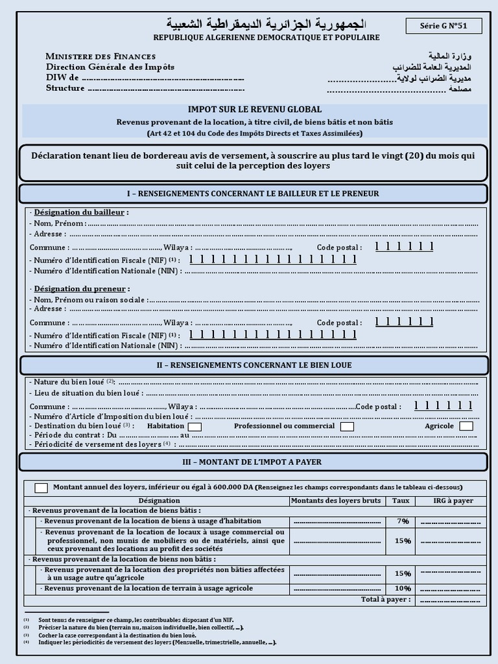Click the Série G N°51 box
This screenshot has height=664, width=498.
(444, 26)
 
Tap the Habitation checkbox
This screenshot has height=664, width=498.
(195, 427)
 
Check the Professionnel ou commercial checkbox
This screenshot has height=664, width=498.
(347, 427)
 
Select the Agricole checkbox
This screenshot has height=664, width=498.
(466, 426)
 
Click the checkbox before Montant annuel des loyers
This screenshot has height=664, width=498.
(41, 488)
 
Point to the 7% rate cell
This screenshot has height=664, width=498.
(403, 521)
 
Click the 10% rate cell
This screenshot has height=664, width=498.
(403, 589)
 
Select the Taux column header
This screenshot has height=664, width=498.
(401, 501)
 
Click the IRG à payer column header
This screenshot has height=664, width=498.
(453, 501)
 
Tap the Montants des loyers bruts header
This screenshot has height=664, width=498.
(336, 501)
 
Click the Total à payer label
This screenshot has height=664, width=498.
(386, 600)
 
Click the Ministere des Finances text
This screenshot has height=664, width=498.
(101, 56)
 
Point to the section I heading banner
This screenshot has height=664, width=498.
(253, 194)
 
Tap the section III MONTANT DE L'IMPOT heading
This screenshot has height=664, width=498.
(253, 462)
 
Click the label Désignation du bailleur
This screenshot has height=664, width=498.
(81, 212)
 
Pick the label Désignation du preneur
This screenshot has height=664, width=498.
(82, 289)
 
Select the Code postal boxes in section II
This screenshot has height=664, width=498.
(443, 407)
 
